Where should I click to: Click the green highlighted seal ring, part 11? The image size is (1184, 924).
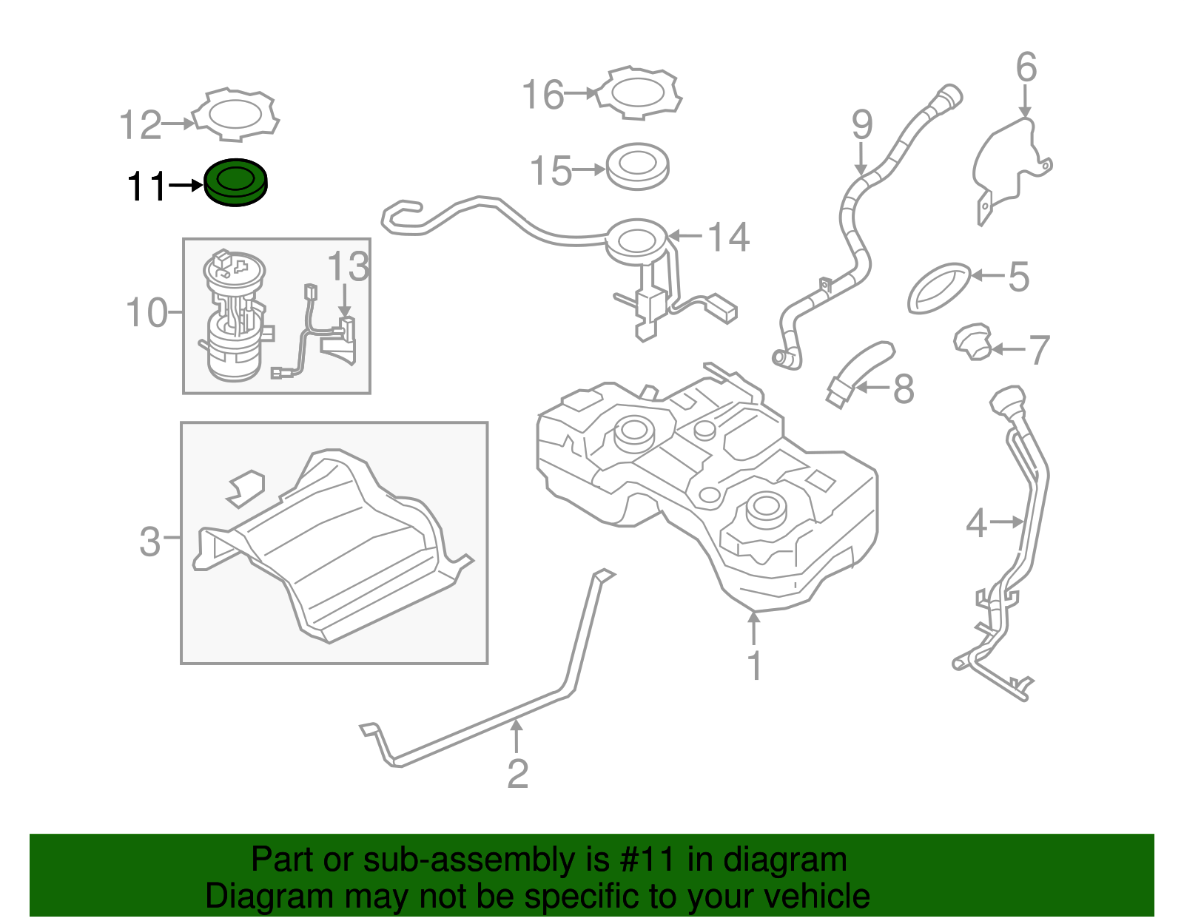(235, 183)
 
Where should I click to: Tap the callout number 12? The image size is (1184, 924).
(141, 125)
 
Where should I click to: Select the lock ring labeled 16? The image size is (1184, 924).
(639, 93)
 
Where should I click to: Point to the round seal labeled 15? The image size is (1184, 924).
(637, 166)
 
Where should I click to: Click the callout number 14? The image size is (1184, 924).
(728, 237)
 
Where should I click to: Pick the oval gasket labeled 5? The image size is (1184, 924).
(938, 287)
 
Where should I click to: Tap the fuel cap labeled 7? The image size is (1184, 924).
(972, 342)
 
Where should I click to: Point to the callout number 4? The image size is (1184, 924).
(976, 524)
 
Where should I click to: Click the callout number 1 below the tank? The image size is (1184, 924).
(754, 666)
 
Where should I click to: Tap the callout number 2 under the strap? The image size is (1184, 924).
(517, 774)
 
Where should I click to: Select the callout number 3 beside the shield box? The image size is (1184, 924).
(150, 542)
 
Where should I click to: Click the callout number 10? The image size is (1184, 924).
(147, 313)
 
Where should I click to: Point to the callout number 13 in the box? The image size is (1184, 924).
(348, 266)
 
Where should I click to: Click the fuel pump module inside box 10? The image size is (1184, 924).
(234, 318)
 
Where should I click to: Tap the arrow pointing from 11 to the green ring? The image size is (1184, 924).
(185, 185)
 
